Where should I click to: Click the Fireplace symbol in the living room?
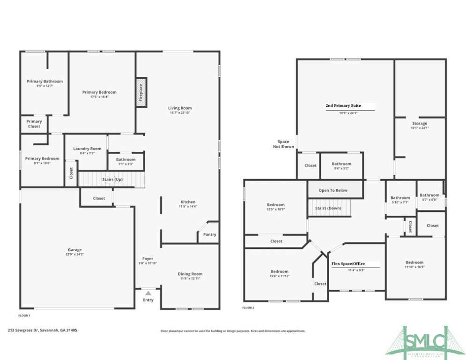[x=140, y=92]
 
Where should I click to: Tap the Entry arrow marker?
[x=148, y=293]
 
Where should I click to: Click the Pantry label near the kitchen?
[x=210, y=234]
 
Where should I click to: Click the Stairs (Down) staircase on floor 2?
[x=328, y=208]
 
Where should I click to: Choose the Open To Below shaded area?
[x=333, y=190]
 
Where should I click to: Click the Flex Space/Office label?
[x=348, y=264]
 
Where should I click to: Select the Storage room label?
[x=419, y=124]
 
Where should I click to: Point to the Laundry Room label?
[x=87, y=149]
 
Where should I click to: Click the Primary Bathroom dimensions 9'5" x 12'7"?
[x=44, y=86]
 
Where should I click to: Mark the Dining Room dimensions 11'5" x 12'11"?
[x=190, y=279]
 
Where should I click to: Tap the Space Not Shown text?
[x=283, y=144]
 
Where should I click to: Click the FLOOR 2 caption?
[x=248, y=308]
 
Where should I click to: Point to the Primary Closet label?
[x=34, y=124]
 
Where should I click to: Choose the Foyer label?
[x=148, y=259]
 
